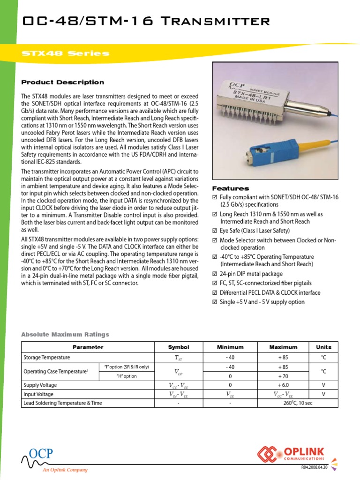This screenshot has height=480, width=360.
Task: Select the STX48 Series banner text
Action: pos(66,53)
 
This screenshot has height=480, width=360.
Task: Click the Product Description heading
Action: pos(63,82)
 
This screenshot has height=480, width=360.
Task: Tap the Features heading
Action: pos(231,188)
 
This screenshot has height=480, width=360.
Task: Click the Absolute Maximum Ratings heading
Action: pos(65,334)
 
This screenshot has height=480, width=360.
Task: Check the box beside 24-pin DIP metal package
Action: pos(215,274)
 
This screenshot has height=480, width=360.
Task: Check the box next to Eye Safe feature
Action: pos(215,231)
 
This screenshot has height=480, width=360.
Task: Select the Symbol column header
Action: pos(179,347)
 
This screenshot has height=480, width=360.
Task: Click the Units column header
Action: pos(323,347)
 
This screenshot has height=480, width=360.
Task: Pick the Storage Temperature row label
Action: pos(47,357)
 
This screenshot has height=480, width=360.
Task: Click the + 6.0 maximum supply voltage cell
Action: pos(283,385)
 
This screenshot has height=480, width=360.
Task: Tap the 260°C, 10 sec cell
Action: pos(283,403)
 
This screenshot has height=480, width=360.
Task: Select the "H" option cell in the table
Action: pos(126,376)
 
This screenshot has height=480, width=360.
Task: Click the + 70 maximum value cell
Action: pos(283,376)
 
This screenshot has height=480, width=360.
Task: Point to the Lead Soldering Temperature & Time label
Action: pos(63,403)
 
